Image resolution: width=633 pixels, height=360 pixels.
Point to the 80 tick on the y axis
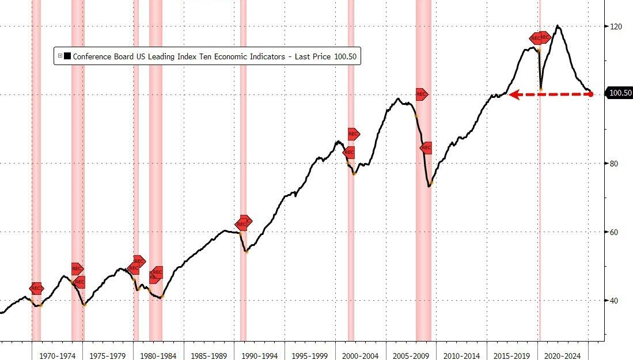(x=615, y=164)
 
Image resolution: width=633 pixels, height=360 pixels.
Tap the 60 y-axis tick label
(x=615, y=232)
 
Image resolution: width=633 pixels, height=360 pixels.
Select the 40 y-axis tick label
(x=615, y=301)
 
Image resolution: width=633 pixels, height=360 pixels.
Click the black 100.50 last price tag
(x=620, y=93)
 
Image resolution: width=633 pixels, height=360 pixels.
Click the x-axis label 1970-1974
(x=57, y=355)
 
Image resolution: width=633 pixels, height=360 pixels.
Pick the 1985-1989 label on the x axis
(x=209, y=355)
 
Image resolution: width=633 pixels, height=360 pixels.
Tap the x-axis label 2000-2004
(x=360, y=355)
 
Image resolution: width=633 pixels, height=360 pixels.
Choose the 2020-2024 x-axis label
(x=562, y=355)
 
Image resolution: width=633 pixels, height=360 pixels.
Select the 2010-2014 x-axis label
(x=461, y=355)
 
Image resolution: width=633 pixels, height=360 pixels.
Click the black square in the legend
(x=67, y=56)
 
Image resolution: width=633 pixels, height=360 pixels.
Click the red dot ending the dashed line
(x=591, y=94)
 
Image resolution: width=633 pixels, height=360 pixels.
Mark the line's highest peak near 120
(x=557, y=26)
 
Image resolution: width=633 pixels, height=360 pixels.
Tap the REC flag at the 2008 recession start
(x=421, y=94)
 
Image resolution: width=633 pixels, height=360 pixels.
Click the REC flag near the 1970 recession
(x=36, y=289)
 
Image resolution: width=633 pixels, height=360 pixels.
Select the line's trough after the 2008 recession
(x=429, y=186)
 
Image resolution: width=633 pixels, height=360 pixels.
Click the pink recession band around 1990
(x=243, y=173)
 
